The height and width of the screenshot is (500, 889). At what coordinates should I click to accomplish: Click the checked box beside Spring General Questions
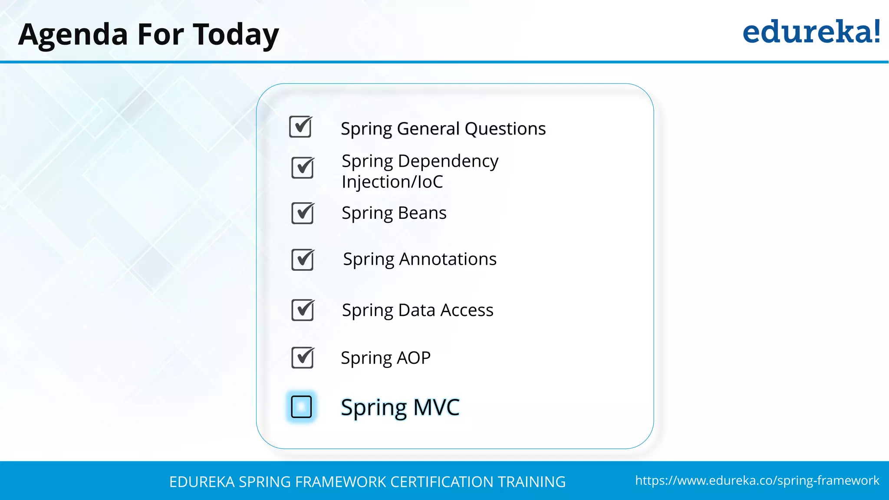pyautogui.click(x=300, y=127)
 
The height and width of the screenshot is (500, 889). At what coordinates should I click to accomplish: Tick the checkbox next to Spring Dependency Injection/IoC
pyautogui.click(x=303, y=168)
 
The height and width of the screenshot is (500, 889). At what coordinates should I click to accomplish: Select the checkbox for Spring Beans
pyautogui.click(x=303, y=213)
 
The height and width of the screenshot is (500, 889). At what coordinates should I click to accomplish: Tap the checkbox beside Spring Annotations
pyautogui.click(x=303, y=260)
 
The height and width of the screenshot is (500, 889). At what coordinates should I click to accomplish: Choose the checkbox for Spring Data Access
pyautogui.click(x=303, y=310)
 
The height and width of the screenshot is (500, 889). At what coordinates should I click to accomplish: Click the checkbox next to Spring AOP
pyautogui.click(x=303, y=358)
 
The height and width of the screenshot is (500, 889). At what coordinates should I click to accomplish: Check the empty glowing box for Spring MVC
pyautogui.click(x=301, y=407)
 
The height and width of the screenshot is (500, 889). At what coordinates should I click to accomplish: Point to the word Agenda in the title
pyautogui.click(x=73, y=35)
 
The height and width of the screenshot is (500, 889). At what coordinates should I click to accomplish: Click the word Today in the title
pyautogui.click(x=236, y=35)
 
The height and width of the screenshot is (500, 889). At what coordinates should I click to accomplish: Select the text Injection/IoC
pyautogui.click(x=392, y=182)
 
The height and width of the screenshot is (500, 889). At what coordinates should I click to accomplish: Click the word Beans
pyautogui.click(x=422, y=213)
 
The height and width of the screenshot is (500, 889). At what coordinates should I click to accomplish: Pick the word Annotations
pyautogui.click(x=448, y=259)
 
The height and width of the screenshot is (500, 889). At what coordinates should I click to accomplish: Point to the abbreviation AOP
pyautogui.click(x=413, y=358)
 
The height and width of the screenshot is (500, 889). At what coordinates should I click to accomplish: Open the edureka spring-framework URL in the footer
pyautogui.click(x=757, y=480)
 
